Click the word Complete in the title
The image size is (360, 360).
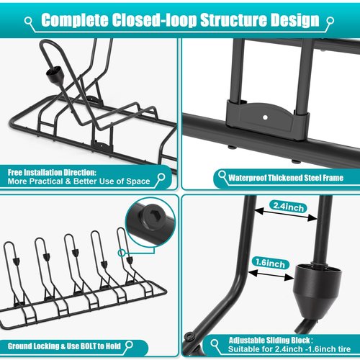(75, 20)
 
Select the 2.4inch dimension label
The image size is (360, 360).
(288, 207)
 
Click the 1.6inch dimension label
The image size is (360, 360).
(270, 263)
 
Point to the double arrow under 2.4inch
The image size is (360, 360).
(285, 215)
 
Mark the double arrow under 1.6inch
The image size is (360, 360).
(271, 275)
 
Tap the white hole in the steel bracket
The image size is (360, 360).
(265, 117)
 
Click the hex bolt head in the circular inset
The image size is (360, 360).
(151, 216)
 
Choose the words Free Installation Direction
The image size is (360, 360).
(52, 173)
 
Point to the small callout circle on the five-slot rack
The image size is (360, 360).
(122, 253)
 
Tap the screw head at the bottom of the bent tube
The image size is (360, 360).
(189, 336)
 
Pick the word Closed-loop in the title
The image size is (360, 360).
(154, 20)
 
